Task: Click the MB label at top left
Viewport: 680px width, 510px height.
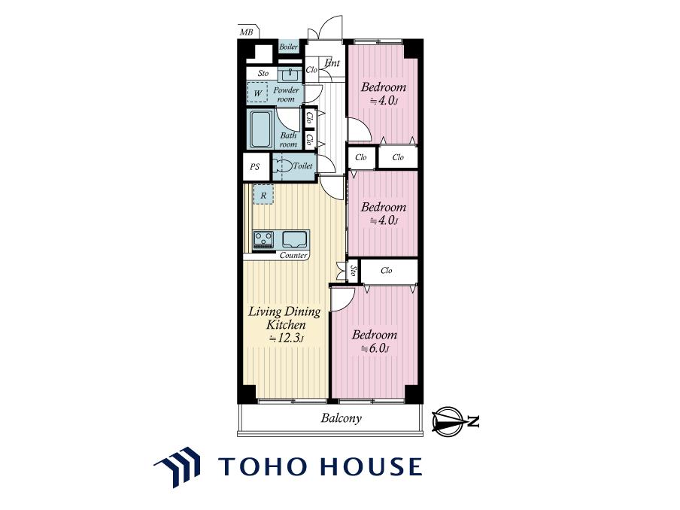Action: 246,32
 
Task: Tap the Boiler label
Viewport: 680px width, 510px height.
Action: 288,47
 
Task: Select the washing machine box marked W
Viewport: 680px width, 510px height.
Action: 257,93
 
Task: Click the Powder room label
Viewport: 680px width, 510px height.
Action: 286,94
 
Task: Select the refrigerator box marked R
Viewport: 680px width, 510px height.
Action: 263,195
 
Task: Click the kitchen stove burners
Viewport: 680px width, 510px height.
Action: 264,239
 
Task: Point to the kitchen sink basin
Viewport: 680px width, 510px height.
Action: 295,239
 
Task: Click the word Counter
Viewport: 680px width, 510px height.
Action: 293,256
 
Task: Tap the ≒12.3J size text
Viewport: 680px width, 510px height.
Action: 286,338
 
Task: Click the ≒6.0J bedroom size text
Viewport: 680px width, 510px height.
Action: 374,348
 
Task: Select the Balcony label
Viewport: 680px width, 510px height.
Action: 342,418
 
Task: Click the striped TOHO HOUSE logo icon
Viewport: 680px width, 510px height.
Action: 178,466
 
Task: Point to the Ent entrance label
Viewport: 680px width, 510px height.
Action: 332,63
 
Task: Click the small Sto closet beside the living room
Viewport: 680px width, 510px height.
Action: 354,272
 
